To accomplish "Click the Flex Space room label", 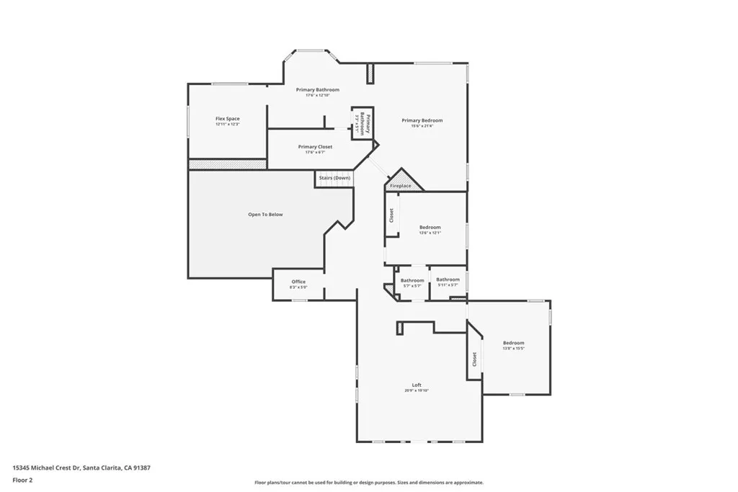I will point(227,118).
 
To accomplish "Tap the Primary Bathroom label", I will point(317,89).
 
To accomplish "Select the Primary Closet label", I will point(315,146).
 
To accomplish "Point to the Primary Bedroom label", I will point(422,120).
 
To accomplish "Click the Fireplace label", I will point(401,186).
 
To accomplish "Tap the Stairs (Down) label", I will point(334,177).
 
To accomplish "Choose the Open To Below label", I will point(265,214).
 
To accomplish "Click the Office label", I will point(298,282).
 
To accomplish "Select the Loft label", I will point(417,385).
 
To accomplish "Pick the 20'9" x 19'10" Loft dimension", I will point(417,391).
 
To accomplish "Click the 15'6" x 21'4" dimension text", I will point(422,126).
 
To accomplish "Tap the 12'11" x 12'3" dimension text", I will point(227,124).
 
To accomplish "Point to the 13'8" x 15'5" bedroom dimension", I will point(513,349).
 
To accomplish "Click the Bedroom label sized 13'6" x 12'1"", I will point(430,227).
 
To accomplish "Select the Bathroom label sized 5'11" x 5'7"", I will point(448,279).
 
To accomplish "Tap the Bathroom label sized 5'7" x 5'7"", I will point(412,280).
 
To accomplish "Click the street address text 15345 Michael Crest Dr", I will point(81,468).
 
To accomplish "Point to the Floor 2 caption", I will point(22,479).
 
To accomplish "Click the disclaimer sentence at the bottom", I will point(368,483).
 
